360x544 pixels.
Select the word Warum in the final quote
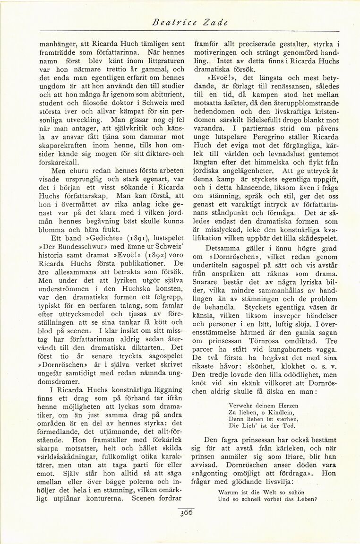tap(228, 492)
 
